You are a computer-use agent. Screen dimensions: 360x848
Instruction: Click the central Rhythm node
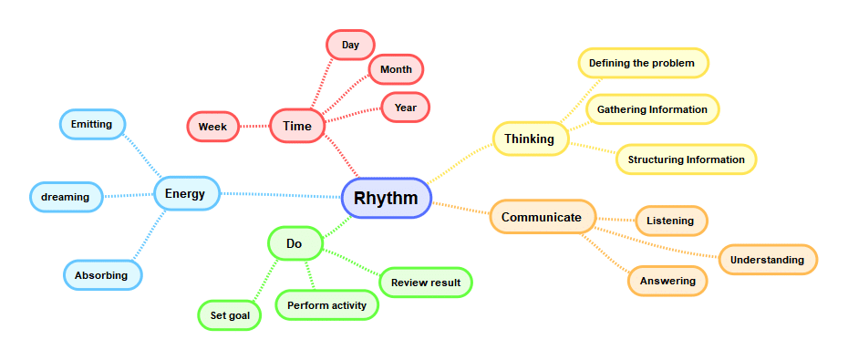[386, 198]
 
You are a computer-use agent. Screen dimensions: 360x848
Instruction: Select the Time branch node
[297, 126]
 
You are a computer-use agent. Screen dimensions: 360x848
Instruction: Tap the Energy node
[186, 193]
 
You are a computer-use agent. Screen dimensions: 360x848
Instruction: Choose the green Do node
[295, 243]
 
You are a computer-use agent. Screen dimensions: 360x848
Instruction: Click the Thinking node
[530, 139]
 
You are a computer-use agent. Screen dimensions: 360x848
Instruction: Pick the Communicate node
[542, 217]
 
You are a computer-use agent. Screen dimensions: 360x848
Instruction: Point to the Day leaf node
[350, 45]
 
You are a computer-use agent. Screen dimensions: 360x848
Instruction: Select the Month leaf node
[396, 69]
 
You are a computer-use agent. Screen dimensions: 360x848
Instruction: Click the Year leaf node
[405, 107]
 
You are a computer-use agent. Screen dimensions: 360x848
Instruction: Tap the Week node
[212, 127]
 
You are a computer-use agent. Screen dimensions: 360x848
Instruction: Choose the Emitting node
[92, 124]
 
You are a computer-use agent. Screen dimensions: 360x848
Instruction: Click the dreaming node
[66, 197]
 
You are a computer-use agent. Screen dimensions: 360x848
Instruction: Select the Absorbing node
[101, 275]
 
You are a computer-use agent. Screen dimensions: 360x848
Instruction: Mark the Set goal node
[230, 315]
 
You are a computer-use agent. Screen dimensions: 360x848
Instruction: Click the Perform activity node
[326, 305]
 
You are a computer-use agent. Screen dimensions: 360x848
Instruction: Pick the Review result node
[426, 283]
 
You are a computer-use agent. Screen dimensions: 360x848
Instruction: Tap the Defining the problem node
[642, 63]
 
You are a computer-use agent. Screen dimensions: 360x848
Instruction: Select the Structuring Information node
[686, 159]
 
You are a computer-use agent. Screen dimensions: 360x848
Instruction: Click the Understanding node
[767, 260]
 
